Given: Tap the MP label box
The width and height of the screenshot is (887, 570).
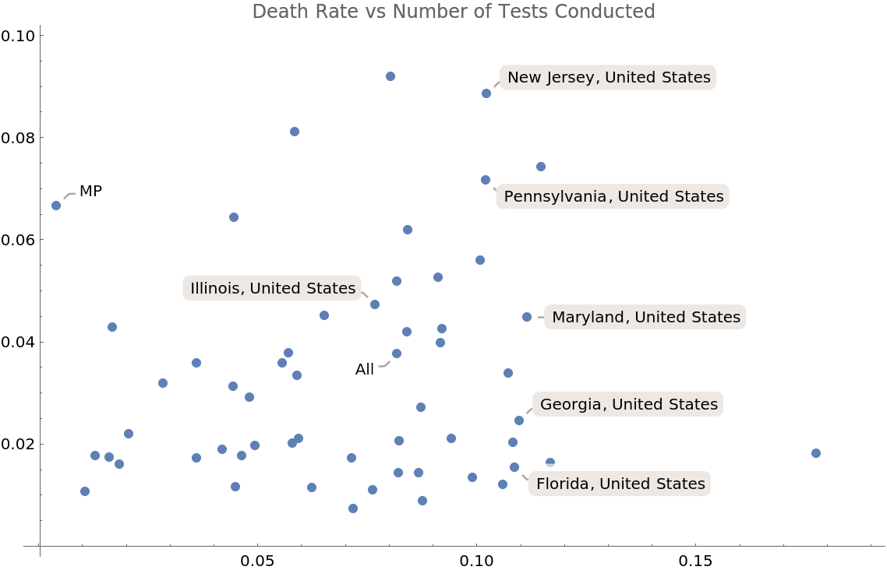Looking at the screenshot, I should [91, 192].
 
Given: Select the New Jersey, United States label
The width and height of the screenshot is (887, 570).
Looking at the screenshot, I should [609, 77].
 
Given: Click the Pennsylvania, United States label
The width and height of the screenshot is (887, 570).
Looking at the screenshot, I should [613, 196].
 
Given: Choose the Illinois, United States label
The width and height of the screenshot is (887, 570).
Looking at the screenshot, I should [273, 288].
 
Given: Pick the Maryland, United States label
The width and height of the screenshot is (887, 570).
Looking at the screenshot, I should [646, 317].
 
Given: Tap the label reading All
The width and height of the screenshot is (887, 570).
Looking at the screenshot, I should [365, 370].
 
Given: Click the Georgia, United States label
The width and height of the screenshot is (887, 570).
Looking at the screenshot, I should [628, 404].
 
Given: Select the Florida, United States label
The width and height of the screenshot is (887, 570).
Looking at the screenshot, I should [620, 484].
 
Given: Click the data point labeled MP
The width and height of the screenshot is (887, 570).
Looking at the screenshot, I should [56, 206].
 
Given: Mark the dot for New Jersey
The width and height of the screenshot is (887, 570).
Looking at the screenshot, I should [486, 93].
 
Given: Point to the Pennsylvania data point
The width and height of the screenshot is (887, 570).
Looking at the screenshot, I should [486, 180].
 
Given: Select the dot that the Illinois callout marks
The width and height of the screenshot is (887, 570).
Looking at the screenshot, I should [375, 304].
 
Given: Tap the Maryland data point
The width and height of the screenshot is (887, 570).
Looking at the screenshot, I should [527, 317].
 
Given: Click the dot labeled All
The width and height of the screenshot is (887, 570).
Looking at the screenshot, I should [397, 354].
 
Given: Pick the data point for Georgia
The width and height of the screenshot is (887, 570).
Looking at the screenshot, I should [519, 420].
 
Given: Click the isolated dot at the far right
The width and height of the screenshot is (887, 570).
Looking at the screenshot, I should [816, 453].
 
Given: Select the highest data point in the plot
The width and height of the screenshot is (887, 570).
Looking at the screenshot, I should [390, 76].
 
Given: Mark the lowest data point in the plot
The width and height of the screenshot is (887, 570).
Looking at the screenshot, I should [353, 508].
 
